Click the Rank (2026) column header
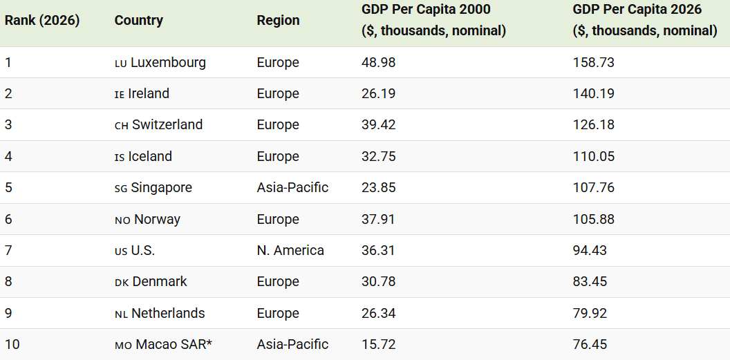point(42,21)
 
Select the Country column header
point(139,21)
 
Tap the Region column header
point(278,21)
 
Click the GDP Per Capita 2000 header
point(433,20)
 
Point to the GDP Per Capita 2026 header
point(645,20)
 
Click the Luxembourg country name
point(168,62)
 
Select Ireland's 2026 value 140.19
point(594,93)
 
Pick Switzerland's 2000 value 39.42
point(379,124)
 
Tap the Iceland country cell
point(143,156)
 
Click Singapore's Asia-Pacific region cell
point(292,187)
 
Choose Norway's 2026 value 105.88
point(594,219)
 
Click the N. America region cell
point(290,250)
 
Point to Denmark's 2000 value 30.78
point(379,281)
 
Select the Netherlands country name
point(168,313)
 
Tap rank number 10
point(12,345)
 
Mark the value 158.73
point(594,62)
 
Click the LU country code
point(120,64)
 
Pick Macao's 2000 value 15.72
point(379,345)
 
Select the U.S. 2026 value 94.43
point(590,250)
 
